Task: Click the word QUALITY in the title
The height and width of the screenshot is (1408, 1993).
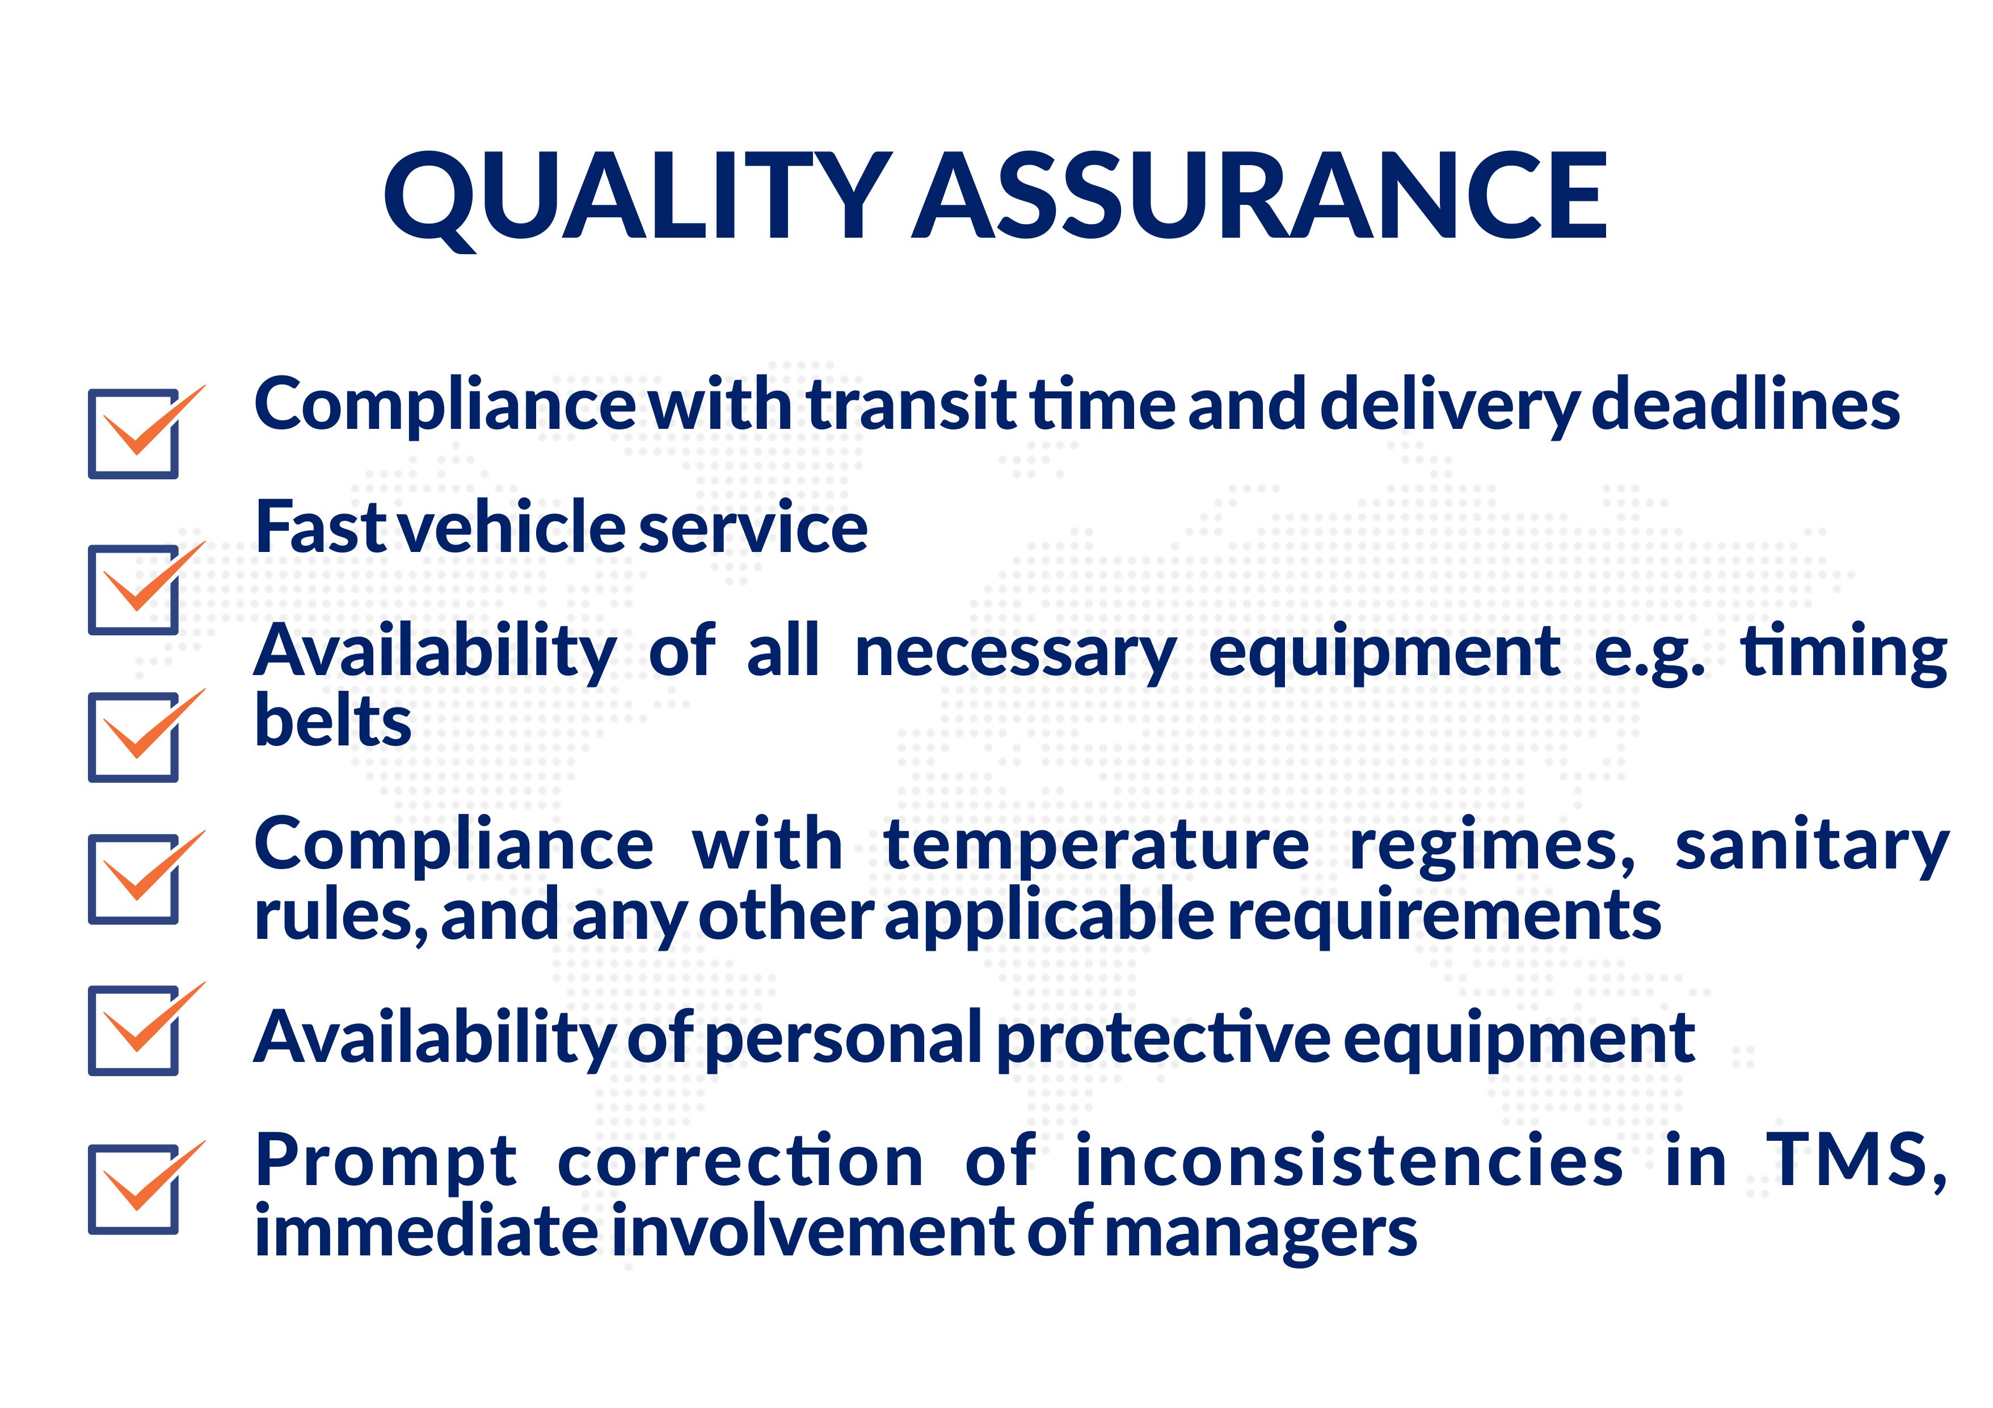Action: (638, 199)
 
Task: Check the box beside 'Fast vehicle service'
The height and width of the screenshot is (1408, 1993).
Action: (134, 589)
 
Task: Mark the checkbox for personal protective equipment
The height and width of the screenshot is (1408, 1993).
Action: (134, 1030)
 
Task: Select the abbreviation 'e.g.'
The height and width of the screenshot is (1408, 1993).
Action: (1649, 654)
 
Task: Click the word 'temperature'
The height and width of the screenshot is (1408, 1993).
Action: (1096, 847)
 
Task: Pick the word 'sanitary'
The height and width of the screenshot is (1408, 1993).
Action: (1811, 847)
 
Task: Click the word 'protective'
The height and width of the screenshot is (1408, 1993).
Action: (1163, 1038)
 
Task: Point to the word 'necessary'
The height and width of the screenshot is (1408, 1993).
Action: (1015, 654)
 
